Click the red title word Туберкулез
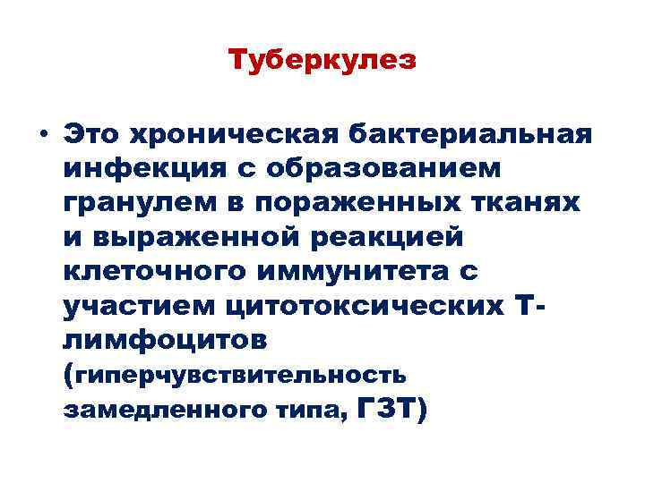[322, 61]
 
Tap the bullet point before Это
[43, 135]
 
